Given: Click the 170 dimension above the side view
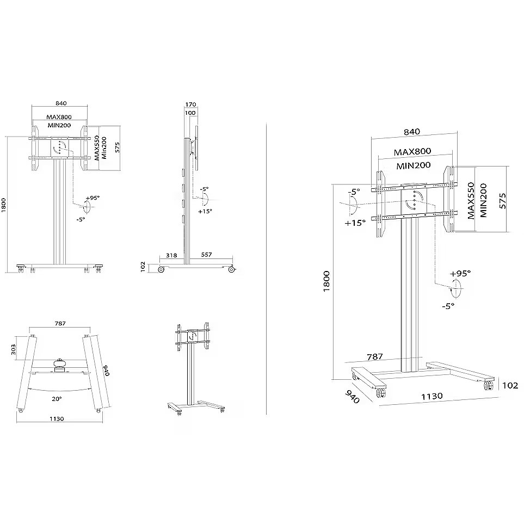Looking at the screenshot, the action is (x=190, y=104).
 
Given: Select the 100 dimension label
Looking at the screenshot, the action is (x=190, y=113).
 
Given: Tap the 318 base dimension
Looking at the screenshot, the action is (x=171, y=255).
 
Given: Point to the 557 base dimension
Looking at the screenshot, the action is (x=207, y=255).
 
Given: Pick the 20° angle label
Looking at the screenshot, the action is (x=57, y=399).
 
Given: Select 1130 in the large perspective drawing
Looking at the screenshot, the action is (x=431, y=396).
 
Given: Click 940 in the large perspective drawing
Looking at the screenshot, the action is (x=352, y=397).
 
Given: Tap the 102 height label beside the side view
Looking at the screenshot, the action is (x=143, y=267).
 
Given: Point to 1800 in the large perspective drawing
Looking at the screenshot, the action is (x=326, y=281).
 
